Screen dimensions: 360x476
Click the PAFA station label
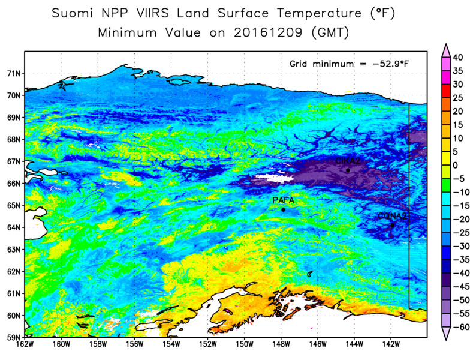click(x=282, y=200)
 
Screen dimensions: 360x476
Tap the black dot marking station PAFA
click(x=283, y=209)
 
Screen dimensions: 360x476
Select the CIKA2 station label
click(x=348, y=161)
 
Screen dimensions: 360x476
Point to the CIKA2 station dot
click(x=348, y=170)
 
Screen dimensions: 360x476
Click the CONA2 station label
click(x=392, y=216)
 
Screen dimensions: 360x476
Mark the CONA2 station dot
click(x=392, y=226)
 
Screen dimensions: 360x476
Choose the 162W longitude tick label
click(x=25, y=344)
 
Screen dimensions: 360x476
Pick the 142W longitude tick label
click(x=391, y=344)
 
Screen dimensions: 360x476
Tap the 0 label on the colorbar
click(x=455, y=165)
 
